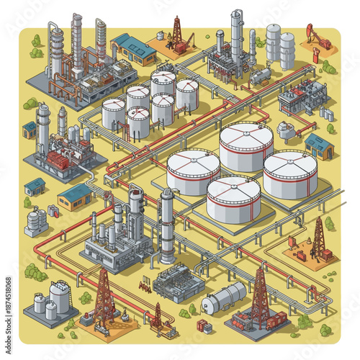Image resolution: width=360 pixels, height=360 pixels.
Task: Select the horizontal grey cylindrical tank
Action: (x=224, y=297)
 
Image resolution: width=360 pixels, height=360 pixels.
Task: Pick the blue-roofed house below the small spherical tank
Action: (x=318, y=146)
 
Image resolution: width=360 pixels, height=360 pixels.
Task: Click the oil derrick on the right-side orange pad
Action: (x=318, y=239)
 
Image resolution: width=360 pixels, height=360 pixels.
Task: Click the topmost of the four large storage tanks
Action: (x=246, y=145)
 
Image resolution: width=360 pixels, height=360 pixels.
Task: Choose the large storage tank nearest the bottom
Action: (x=233, y=199)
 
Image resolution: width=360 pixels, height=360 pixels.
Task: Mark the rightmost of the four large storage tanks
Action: (x=289, y=174)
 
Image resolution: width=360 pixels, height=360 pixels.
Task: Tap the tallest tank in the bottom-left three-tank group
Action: (x=60, y=295)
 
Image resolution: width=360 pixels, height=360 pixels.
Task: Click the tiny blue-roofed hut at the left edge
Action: (x=30, y=130)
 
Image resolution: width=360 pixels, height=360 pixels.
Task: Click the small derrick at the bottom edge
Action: (x=157, y=317)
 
